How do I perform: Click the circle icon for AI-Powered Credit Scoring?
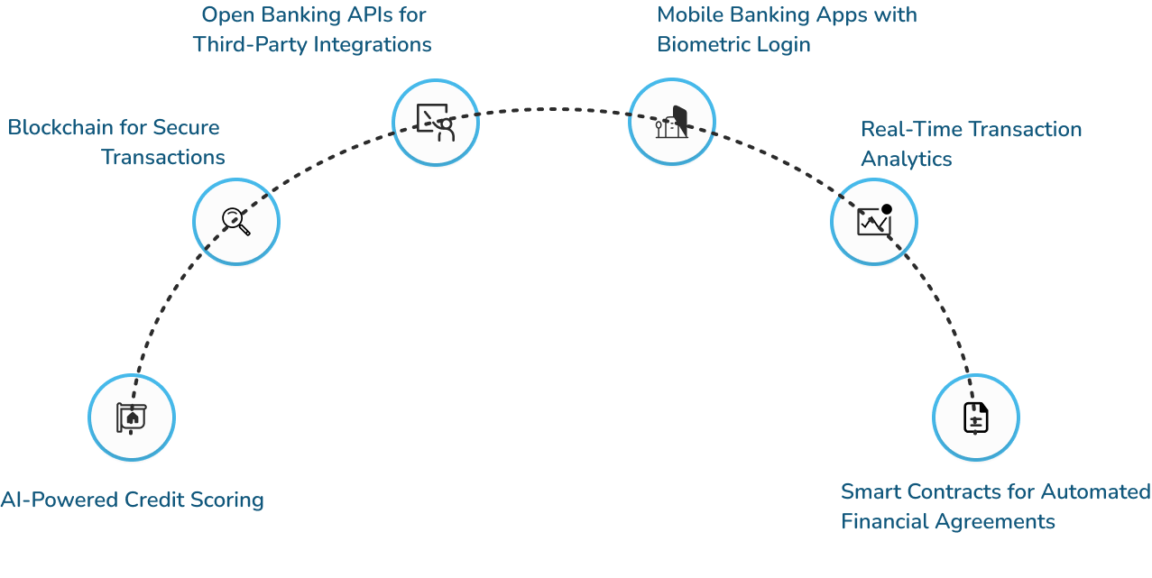pos(132,417)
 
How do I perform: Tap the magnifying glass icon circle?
pos(236,220)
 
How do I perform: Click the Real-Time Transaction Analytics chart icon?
pos(873,220)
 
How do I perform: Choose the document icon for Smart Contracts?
pos(975,417)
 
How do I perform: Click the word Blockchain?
pos(63,127)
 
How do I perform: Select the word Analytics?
pos(906,159)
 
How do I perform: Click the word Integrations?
pos(372,44)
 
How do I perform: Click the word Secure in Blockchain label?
pos(185,127)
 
